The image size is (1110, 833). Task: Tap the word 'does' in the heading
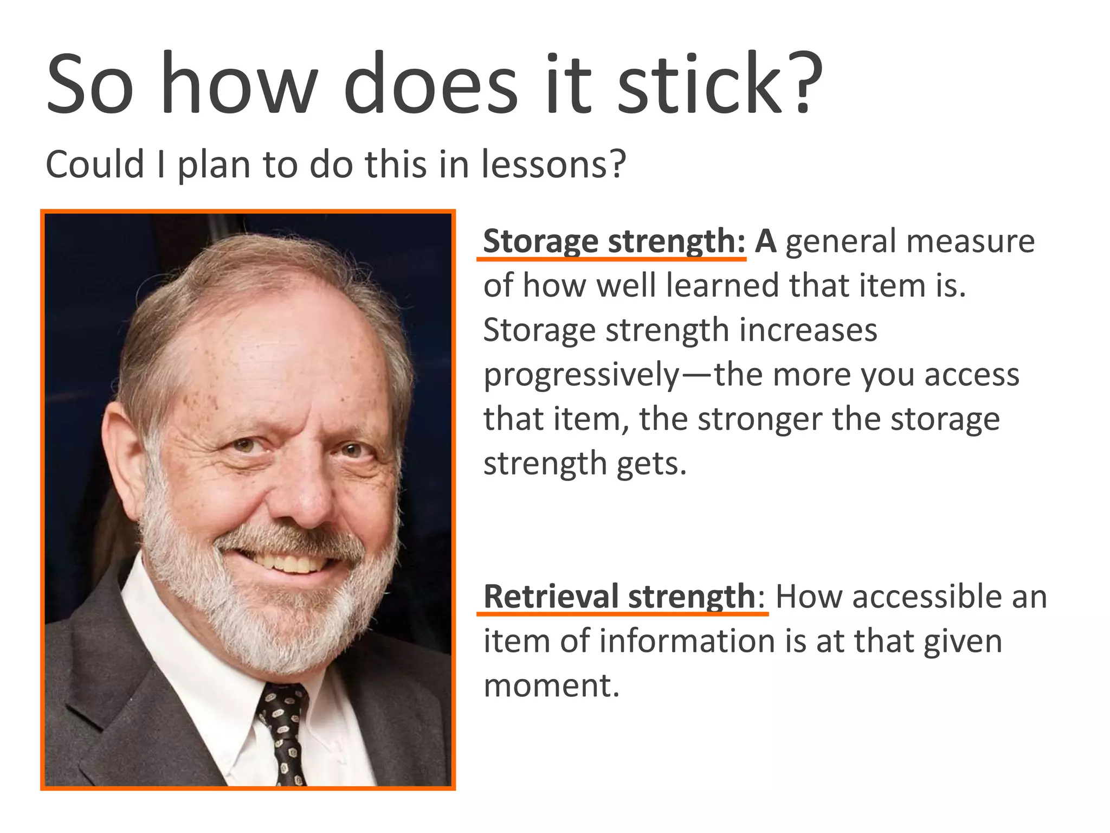click(x=431, y=84)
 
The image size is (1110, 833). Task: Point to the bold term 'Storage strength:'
click(x=614, y=241)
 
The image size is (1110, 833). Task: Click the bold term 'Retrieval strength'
click(x=619, y=597)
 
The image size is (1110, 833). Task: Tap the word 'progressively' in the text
click(x=582, y=375)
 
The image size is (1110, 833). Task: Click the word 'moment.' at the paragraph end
click(x=551, y=685)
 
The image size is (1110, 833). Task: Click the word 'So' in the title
click(x=90, y=84)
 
